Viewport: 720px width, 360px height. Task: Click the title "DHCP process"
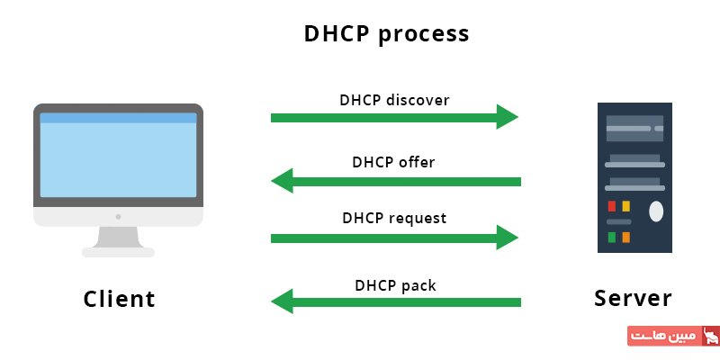click(x=387, y=34)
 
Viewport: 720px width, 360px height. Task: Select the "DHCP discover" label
click(x=394, y=100)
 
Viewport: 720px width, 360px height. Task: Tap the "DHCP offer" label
click(x=393, y=162)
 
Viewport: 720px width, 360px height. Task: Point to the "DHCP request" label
click(x=394, y=218)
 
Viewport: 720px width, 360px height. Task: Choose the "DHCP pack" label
click(x=395, y=286)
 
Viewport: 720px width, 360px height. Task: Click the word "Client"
click(x=120, y=299)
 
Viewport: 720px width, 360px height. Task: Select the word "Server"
click(x=634, y=298)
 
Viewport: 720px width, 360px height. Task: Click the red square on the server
click(x=612, y=206)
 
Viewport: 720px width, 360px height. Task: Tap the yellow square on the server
click(x=625, y=206)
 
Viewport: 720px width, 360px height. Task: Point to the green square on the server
click(x=612, y=238)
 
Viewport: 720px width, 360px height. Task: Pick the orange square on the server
click(x=625, y=238)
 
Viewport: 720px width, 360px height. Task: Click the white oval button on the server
click(x=656, y=211)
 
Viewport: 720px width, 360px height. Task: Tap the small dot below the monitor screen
click(x=118, y=216)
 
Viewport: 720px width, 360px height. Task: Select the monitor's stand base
click(x=118, y=252)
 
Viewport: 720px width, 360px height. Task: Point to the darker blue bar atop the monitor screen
click(x=118, y=118)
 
